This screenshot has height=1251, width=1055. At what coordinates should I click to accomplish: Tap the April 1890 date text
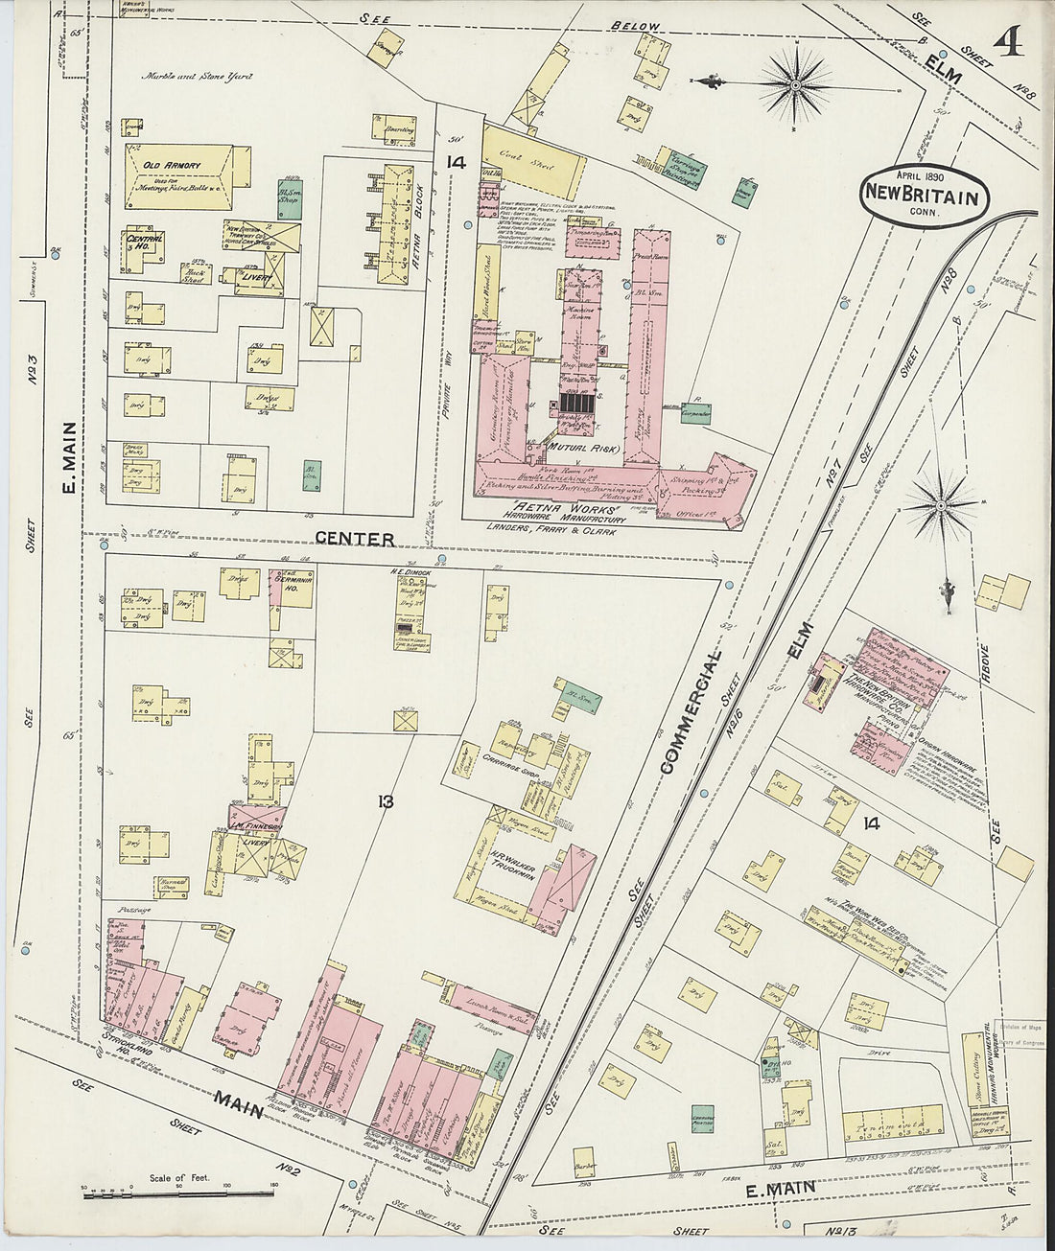(923, 176)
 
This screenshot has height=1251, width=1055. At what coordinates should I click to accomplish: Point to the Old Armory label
(172, 166)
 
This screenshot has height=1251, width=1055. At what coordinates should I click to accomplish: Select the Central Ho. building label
(145, 240)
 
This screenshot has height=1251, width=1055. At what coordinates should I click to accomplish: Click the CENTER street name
(355, 539)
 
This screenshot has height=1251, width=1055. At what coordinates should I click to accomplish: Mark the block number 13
(385, 801)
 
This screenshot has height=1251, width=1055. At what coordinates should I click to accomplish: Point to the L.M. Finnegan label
(254, 824)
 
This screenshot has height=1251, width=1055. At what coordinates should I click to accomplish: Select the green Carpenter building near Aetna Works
(696, 413)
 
